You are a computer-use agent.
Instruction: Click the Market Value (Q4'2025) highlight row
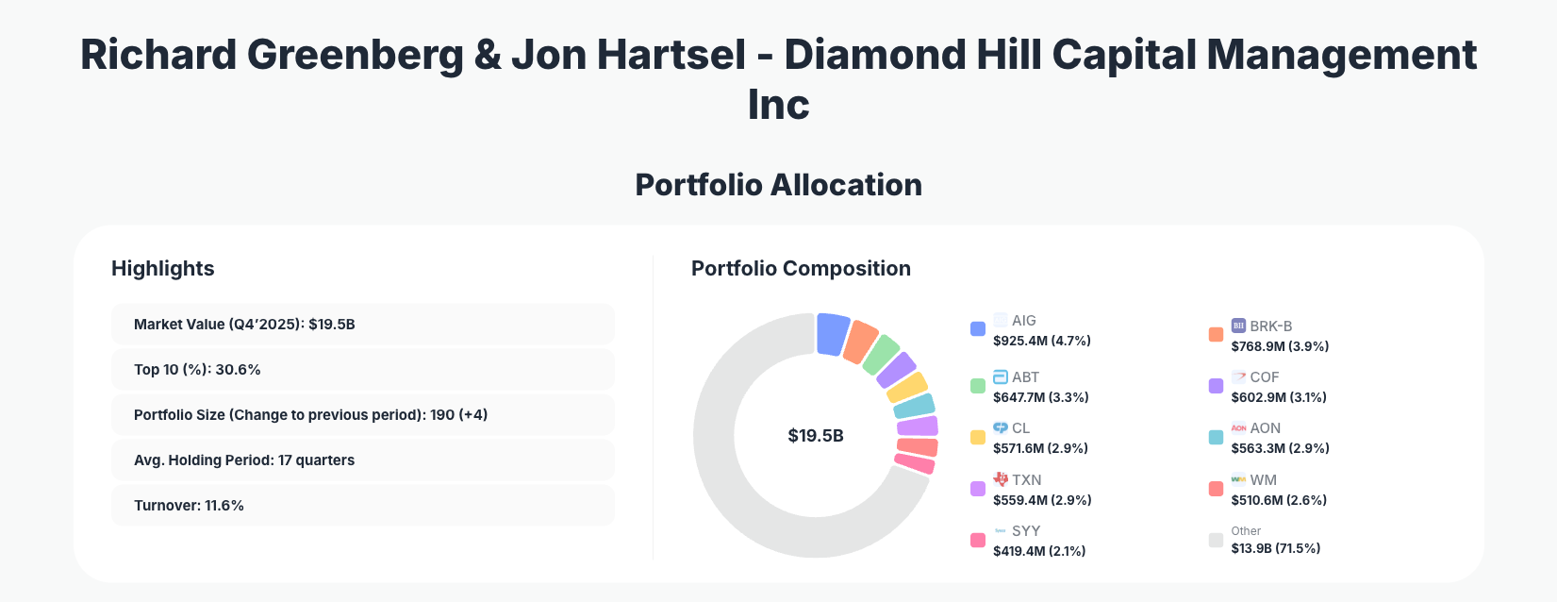click(x=362, y=325)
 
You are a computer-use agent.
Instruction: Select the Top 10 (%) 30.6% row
click(x=362, y=370)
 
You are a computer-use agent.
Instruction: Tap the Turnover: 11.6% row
click(x=362, y=506)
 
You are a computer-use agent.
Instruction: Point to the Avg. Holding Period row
click(x=362, y=460)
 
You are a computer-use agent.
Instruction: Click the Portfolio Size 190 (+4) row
click(x=362, y=415)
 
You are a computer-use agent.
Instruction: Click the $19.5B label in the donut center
click(x=816, y=436)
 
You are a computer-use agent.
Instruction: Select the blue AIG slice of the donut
click(x=832, y=334)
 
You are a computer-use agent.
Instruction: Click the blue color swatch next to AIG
click(x=978, y=329)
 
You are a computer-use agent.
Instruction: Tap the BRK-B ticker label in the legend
click(x=1270, y=326)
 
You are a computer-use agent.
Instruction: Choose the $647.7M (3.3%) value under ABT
click(x=1040, y=397)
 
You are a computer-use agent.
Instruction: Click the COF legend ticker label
click(x=1264, y=377)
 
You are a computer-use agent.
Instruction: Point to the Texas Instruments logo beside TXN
click(x=1001, y=479)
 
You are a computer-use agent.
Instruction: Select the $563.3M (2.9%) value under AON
click(x=1280, y=448)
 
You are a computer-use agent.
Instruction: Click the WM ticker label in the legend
click(x=1263, y=480)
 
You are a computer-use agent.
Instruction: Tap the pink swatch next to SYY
click(x=978, y=541)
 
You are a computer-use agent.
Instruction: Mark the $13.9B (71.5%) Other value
click(x=1275, y=548)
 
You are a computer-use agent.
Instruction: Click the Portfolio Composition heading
click(x=801, y=269)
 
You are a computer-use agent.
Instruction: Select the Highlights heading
click(x=162, y=269)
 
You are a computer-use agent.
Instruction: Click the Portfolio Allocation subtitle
click(x=778, y=185)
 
